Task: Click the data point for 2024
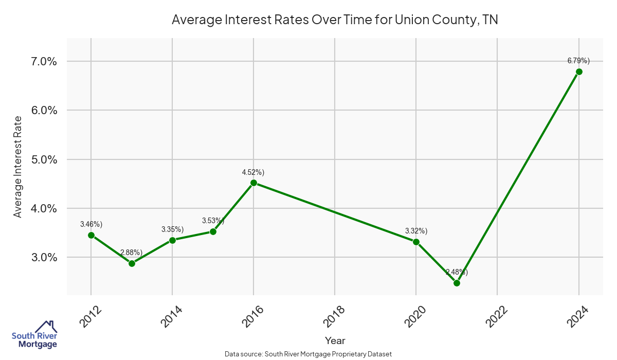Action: coord(579,71)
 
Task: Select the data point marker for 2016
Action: coord(253,183)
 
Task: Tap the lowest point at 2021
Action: coord(457,283)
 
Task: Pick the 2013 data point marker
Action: coord(132,263)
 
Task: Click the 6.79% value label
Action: coord(578,61)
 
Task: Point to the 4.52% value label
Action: coord(253,172)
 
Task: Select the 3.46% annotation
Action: coord(91,224)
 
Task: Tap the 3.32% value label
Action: coord(416,231)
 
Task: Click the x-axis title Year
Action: coord(335,340)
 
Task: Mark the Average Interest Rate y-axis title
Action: coord(18,166)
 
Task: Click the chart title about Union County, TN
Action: coord(335,20)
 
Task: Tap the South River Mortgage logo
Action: coord(34,335)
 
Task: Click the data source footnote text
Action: coord(308,354)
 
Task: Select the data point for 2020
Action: coord(416,242)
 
